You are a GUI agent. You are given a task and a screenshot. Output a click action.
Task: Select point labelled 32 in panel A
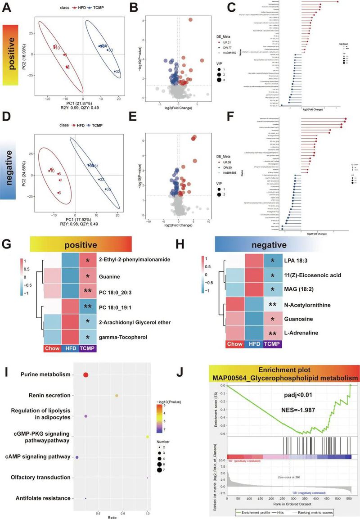click(x=113, y=71)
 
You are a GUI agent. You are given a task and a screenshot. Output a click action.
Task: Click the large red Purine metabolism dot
click(x=86, y=362)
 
